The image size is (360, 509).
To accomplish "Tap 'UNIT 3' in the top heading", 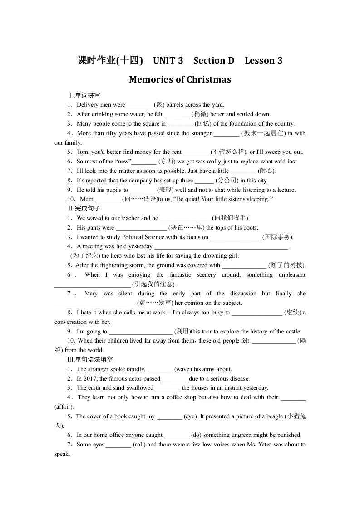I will point(168,61).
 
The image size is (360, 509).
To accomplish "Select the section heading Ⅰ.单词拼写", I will point(84,95).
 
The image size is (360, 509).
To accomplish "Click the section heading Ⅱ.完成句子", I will point(84,209).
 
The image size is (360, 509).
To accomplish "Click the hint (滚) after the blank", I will point(159,105).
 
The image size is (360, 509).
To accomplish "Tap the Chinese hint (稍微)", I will point(200,114).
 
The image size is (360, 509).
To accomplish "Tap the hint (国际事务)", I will point(278,237).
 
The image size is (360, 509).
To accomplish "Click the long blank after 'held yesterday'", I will point(221,247).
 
